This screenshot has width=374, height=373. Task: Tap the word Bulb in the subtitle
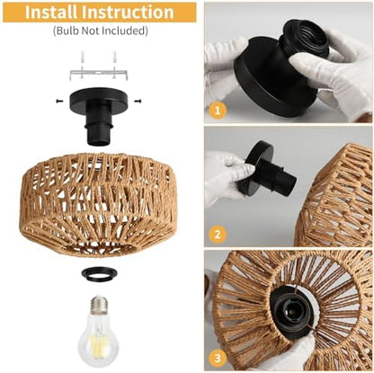tap(69, 31)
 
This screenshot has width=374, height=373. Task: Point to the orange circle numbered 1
tap(217, 111)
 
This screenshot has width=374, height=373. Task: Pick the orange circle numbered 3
tap(217, 357)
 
